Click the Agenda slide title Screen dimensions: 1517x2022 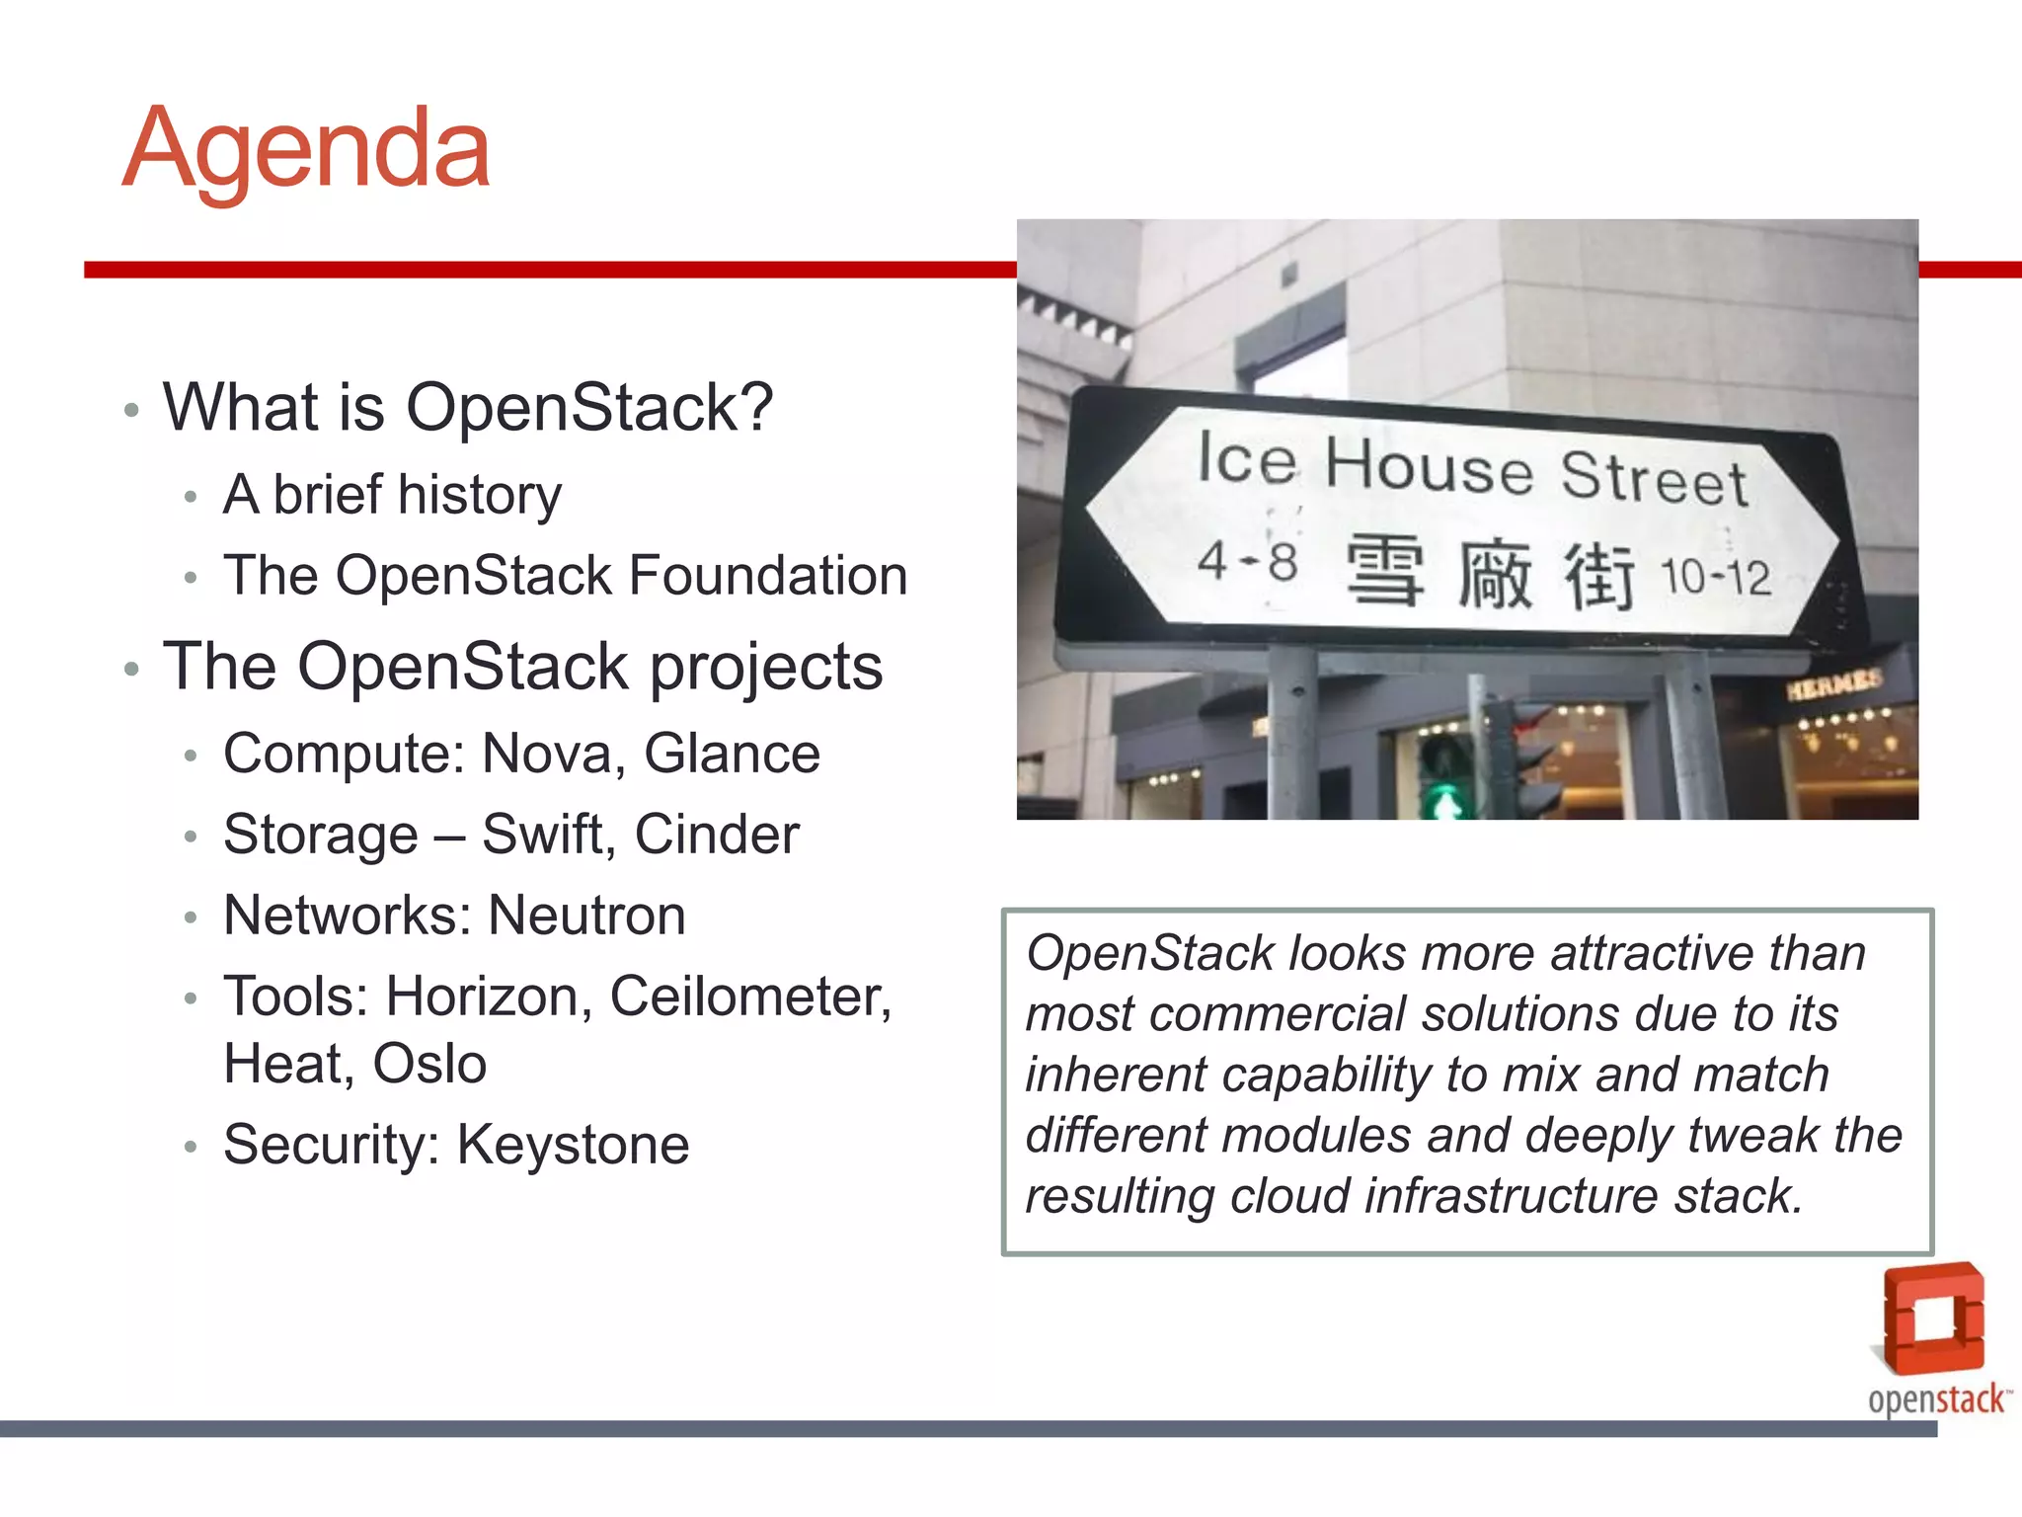[306, 150]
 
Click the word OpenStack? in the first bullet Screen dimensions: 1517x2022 [589, 407]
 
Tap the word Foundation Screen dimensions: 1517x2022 [767, 576]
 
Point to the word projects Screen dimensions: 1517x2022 [765, 669]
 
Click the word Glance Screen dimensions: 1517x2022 [732, 754]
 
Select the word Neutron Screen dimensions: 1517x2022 [586, 916]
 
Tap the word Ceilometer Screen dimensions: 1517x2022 [749, 996]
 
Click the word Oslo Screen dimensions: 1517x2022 [429, 1064]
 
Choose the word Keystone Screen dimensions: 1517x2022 [573, 1145]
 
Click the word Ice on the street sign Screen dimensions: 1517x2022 [1246, 459]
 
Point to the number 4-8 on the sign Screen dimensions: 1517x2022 [1247, 562]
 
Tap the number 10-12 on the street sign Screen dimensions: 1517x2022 [1715, 577]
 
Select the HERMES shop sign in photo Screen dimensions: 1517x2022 [1833, 683]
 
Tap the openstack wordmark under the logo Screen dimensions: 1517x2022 [1936, 1399]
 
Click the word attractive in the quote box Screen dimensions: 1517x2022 [1652, 954]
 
